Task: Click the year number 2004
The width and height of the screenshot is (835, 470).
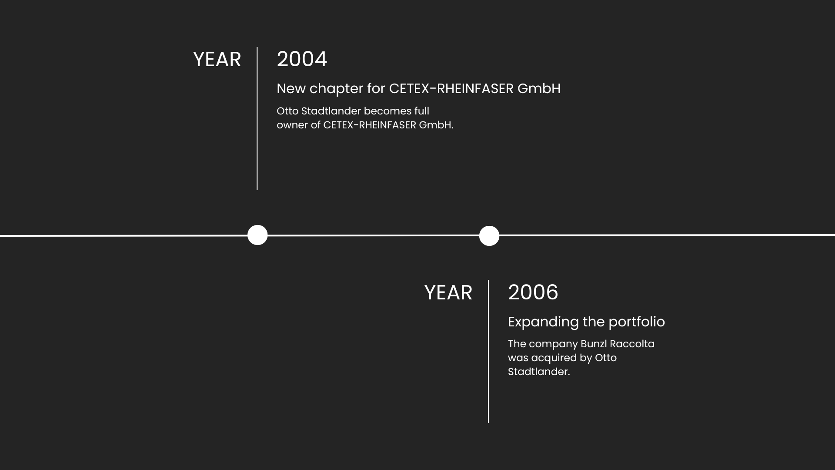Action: click(x=302, y=59)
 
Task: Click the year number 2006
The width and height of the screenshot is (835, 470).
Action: click(x=533, y=292)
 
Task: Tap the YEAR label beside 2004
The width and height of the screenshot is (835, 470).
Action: click(x=217, y=60)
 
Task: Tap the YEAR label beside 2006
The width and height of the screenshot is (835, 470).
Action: click(x=448, y=293)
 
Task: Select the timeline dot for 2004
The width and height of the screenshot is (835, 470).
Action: click(x=257, y=235)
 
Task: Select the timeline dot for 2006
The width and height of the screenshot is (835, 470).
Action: click(x=489, y=236)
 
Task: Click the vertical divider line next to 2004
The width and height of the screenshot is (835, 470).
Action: click(x=257, y=118)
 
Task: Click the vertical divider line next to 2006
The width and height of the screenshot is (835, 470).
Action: click(x=488, y=351)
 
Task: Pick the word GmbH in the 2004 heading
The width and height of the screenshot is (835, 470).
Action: click(x=539, y=89)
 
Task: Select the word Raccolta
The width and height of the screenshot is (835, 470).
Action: click(x=632, y=344)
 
